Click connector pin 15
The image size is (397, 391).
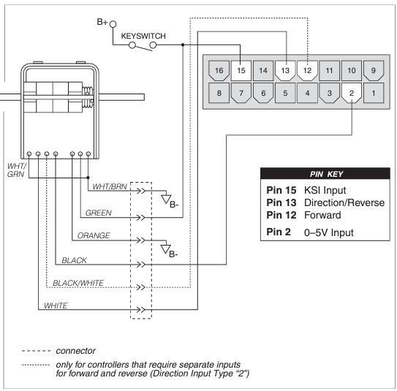coord(241,71)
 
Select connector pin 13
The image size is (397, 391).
coord(285,71)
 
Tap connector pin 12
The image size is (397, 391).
coord(307,71)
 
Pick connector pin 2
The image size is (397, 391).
coord(352,93)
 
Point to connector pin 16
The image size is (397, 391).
coord(219,71)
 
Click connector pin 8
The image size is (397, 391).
coord(219,93)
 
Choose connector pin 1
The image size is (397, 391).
coord(374,93)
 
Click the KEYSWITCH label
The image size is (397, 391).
coord(143,36)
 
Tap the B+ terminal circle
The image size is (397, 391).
coord(113,24)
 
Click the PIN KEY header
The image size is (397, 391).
coord(326,174)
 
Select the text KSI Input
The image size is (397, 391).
coord(325,190)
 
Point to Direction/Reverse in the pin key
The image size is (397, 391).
coord(344,202)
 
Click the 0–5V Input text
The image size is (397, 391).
coord(328,232)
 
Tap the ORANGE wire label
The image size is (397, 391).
coord(94,235)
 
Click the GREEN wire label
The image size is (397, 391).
coord(99,213)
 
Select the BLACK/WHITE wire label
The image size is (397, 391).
coord(78,283)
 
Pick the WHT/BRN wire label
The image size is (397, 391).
coord(110,186)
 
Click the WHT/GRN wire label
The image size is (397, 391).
coord(17,170)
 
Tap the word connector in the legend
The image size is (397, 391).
coord(76,351)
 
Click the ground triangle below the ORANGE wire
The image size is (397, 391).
coord(165,249)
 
